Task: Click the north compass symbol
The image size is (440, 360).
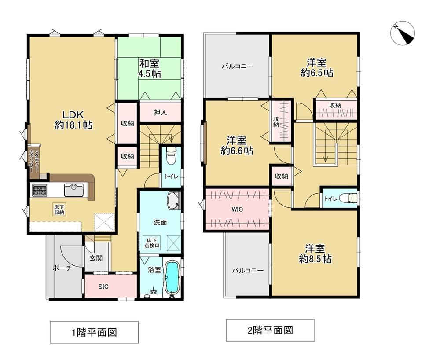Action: tap(403, 33)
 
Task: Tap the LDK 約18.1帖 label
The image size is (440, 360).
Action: tap(73, 120)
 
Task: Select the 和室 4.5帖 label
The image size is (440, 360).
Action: tap(150, 68)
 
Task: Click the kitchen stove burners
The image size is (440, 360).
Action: tap(40, 190)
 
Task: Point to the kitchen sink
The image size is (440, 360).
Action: tap(74, 190)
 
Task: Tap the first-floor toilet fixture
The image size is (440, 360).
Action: tap(171, 156)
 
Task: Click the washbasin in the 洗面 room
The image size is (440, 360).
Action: tap(174, 200)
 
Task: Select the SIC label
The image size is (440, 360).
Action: tap(103, 287)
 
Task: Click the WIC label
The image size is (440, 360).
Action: tap(237, 209)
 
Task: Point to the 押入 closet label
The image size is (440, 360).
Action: tap(160, 112)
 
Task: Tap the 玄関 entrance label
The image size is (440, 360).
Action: tap(96, 258)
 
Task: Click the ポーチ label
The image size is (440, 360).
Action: tap(62, 268)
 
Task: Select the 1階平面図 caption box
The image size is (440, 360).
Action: tap(94, 332)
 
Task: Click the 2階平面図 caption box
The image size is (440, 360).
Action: tap(270, 330)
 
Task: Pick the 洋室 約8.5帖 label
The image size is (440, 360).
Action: tap(315, 253)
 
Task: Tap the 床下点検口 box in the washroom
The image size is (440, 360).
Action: tap(152, 242)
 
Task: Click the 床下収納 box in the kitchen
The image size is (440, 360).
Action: tap(59, 209)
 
